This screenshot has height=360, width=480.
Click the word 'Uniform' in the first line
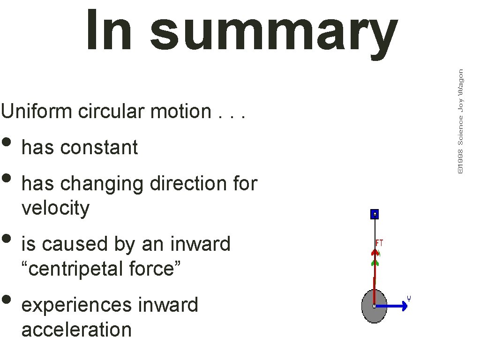coord(37,112)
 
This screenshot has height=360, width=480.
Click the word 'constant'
coord(99,147)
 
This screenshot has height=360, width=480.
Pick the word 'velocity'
coord(55,208)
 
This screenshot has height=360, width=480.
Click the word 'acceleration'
coord(76,330)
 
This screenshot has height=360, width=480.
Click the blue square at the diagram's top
coord(375,214)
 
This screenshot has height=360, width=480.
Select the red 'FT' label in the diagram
coord(380,243)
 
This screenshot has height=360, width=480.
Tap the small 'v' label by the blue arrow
coord(409,298)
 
